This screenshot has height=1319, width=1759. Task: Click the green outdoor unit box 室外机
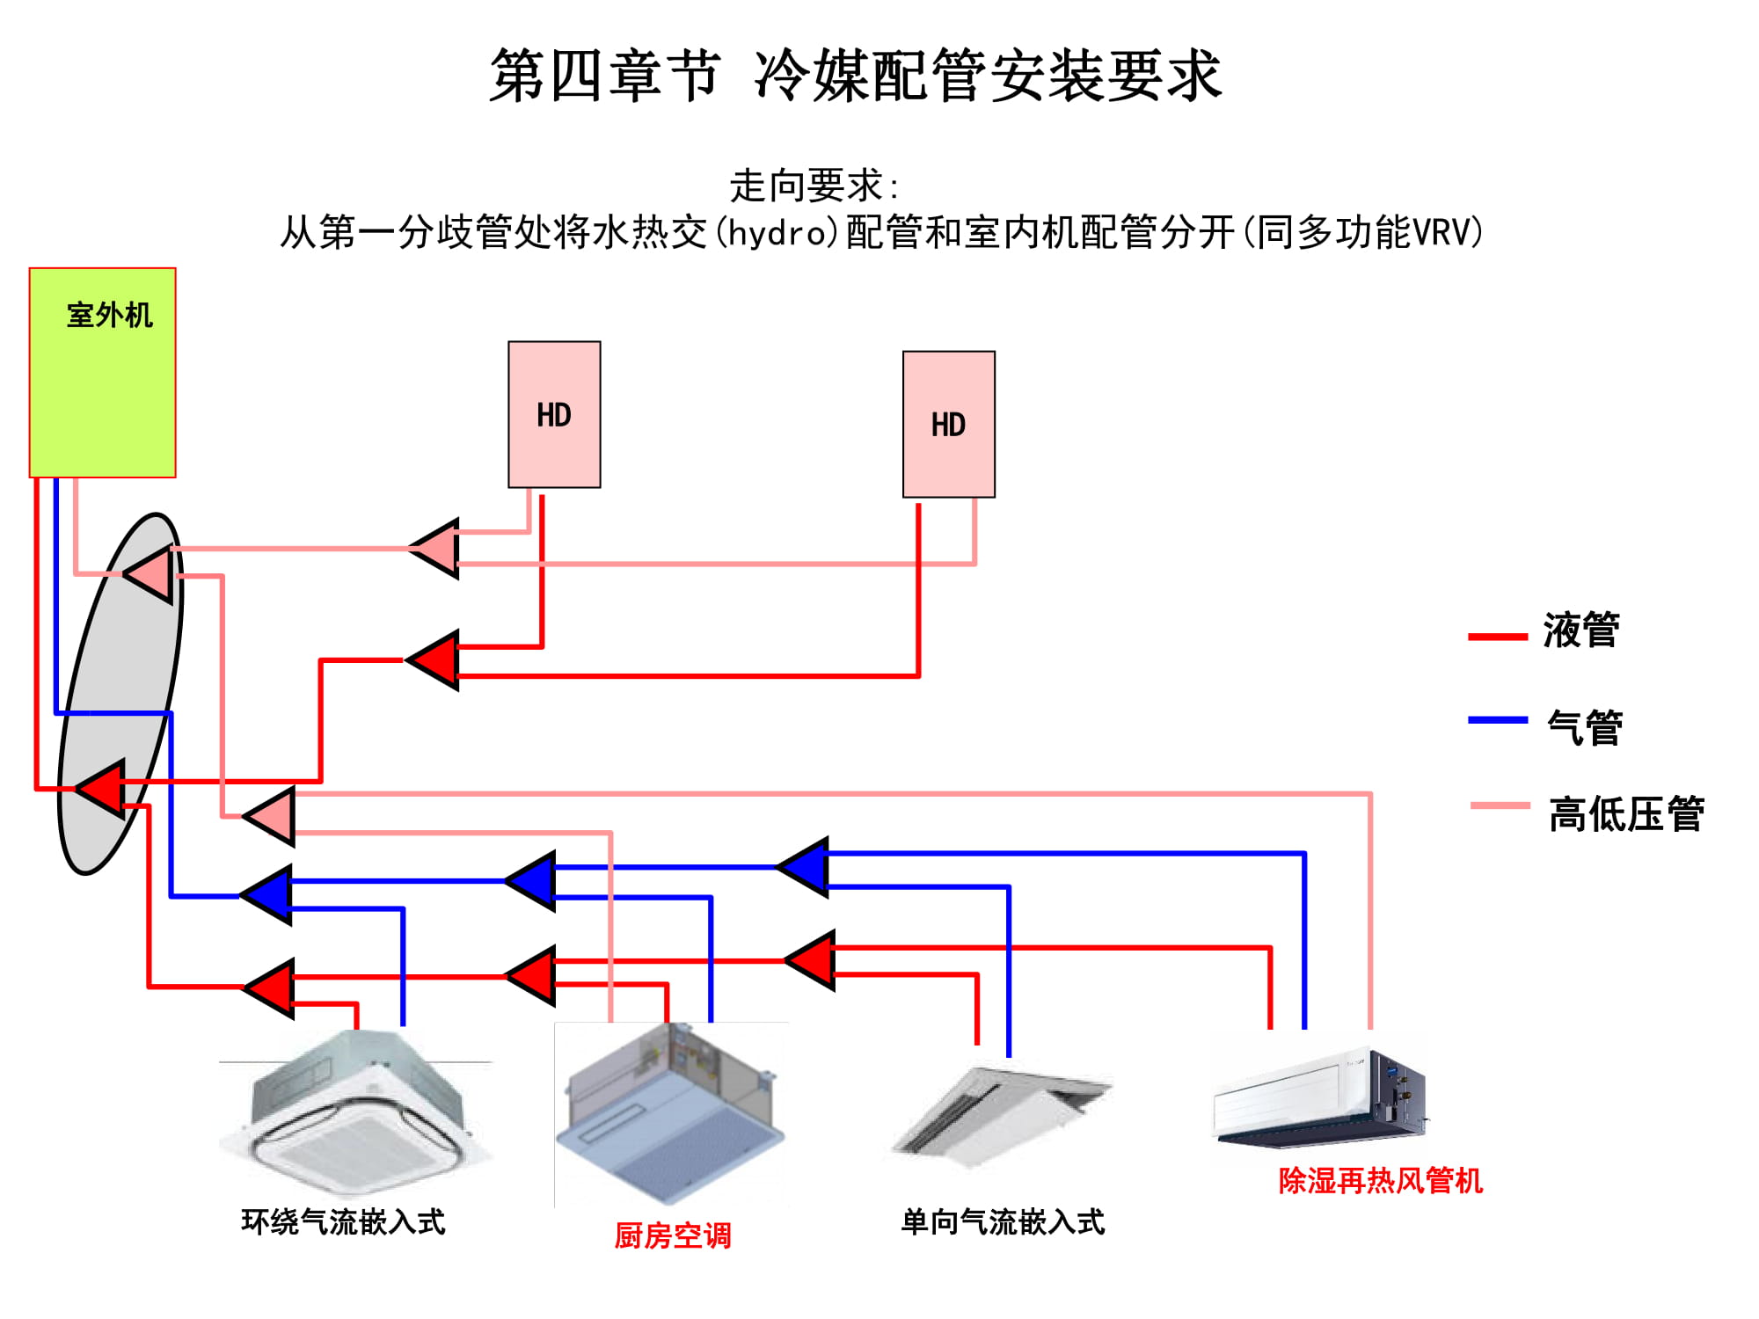pyautogui.click(x=103, y=373)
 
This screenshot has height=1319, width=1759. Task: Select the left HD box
pyautogui.click(x=554, y=414)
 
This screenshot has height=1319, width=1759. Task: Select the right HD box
pyautogui.click(x=949, y=425)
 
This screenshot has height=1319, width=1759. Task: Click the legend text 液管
pyautogui.click(x=1580, y=630)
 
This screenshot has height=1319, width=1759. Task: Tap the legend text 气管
pyautogui.click(x=1584, y=728)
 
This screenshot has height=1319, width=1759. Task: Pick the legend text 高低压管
pyautogui.click(x=1626, y=813)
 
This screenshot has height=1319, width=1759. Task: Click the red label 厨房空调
pyautogui.click(x=673, y=1235)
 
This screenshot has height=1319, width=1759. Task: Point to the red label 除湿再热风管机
pyautogui.click(x=1380, y=1180)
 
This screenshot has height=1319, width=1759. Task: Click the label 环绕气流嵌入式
pyautogui.click(x=343, y=1221)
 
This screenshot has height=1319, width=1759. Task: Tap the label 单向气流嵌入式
pyautogui.click(x=1003, y=1221)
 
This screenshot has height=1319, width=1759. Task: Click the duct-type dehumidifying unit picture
pyautogui.click(x=1319, y=1099)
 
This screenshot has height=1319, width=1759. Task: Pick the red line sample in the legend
pyautogui.click(x=1497, y=636)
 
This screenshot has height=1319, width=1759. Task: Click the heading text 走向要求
pyautogui.click(x=806, y=186)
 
